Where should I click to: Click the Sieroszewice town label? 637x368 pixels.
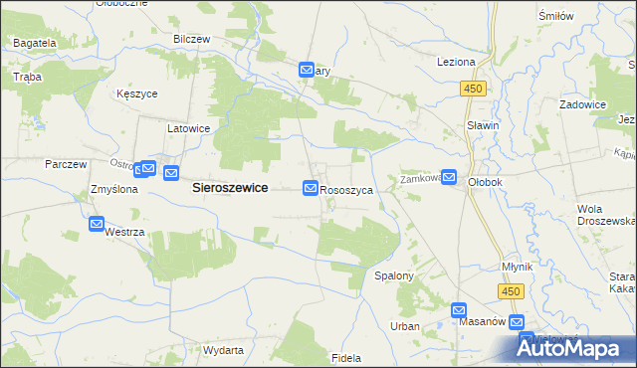(x=228, y=187)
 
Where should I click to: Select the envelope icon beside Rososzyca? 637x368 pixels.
(x=311, y=188)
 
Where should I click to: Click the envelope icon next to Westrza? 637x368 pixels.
(x=97, y=225)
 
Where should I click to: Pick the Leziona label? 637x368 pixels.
(x=456, y=62)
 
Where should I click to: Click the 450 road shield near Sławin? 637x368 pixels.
(x=473, y=90)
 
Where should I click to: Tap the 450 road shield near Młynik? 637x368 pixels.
(x=511, y=290)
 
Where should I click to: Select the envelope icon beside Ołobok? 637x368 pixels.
(x=449, y=178)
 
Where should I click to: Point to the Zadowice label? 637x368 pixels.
(x=583, y=104)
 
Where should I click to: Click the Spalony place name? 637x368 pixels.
(x=393, y=275)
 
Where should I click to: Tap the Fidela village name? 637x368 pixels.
(x=345, y=357)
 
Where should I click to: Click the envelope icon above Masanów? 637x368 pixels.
(x=459, y=309)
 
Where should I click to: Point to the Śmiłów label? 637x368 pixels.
(x=583, y=17)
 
